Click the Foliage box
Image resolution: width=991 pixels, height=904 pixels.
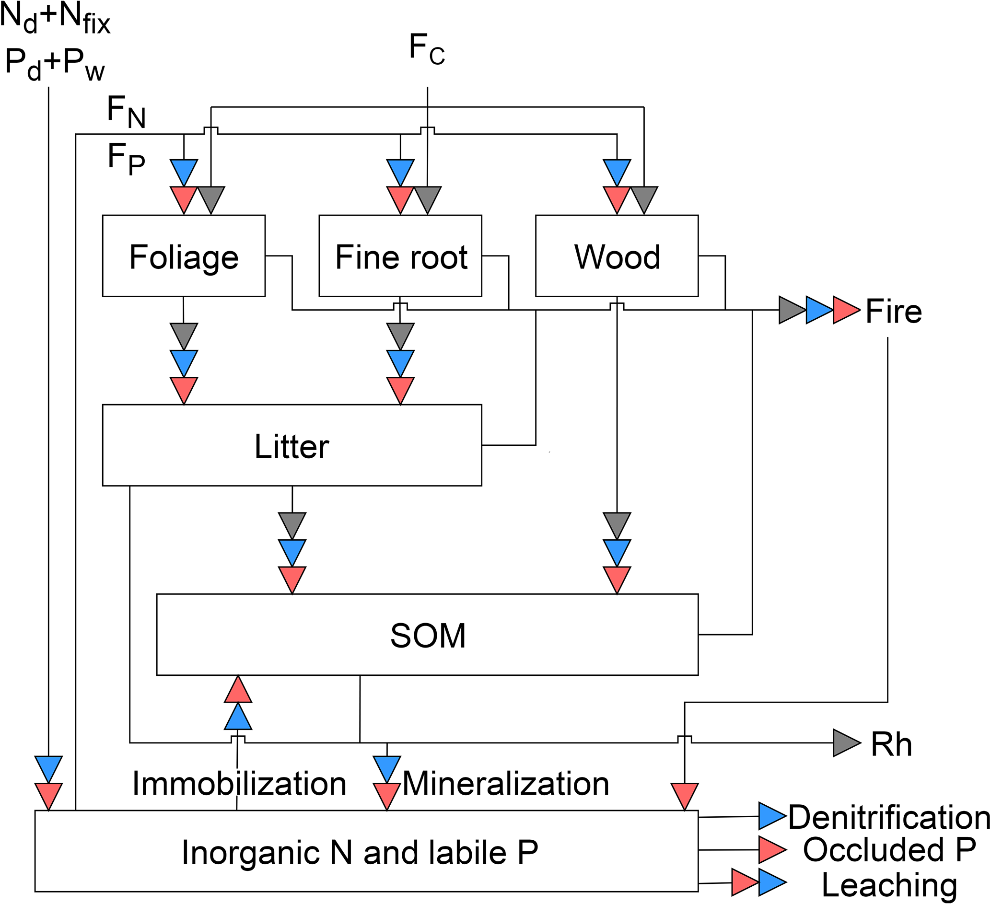click(183, 255)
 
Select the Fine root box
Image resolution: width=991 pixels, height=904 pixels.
click(400, 255)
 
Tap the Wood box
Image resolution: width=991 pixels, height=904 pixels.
click(617, 255)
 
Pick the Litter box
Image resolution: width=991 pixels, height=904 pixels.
click(292, 445)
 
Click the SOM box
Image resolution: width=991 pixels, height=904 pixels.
click(427, 635)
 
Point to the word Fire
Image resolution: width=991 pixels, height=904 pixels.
click(893, 311)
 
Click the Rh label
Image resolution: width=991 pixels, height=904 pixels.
click(891, 744)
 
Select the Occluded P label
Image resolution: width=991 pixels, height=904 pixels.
click(889, 849)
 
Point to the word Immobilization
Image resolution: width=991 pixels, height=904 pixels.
click(239, 783)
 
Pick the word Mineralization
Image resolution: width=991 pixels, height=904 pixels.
click(506, 783)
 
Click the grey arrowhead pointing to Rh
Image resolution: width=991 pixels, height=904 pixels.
click(846, 743)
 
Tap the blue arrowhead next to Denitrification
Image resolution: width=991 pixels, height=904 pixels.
click(771, 816)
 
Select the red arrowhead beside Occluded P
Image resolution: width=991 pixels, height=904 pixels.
click(771, 849)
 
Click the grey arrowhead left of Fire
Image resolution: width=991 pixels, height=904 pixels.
click(792, 310)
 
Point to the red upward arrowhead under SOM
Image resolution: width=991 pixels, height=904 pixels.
click(238, 690)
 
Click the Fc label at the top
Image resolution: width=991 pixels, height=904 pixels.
click(427, 49)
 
